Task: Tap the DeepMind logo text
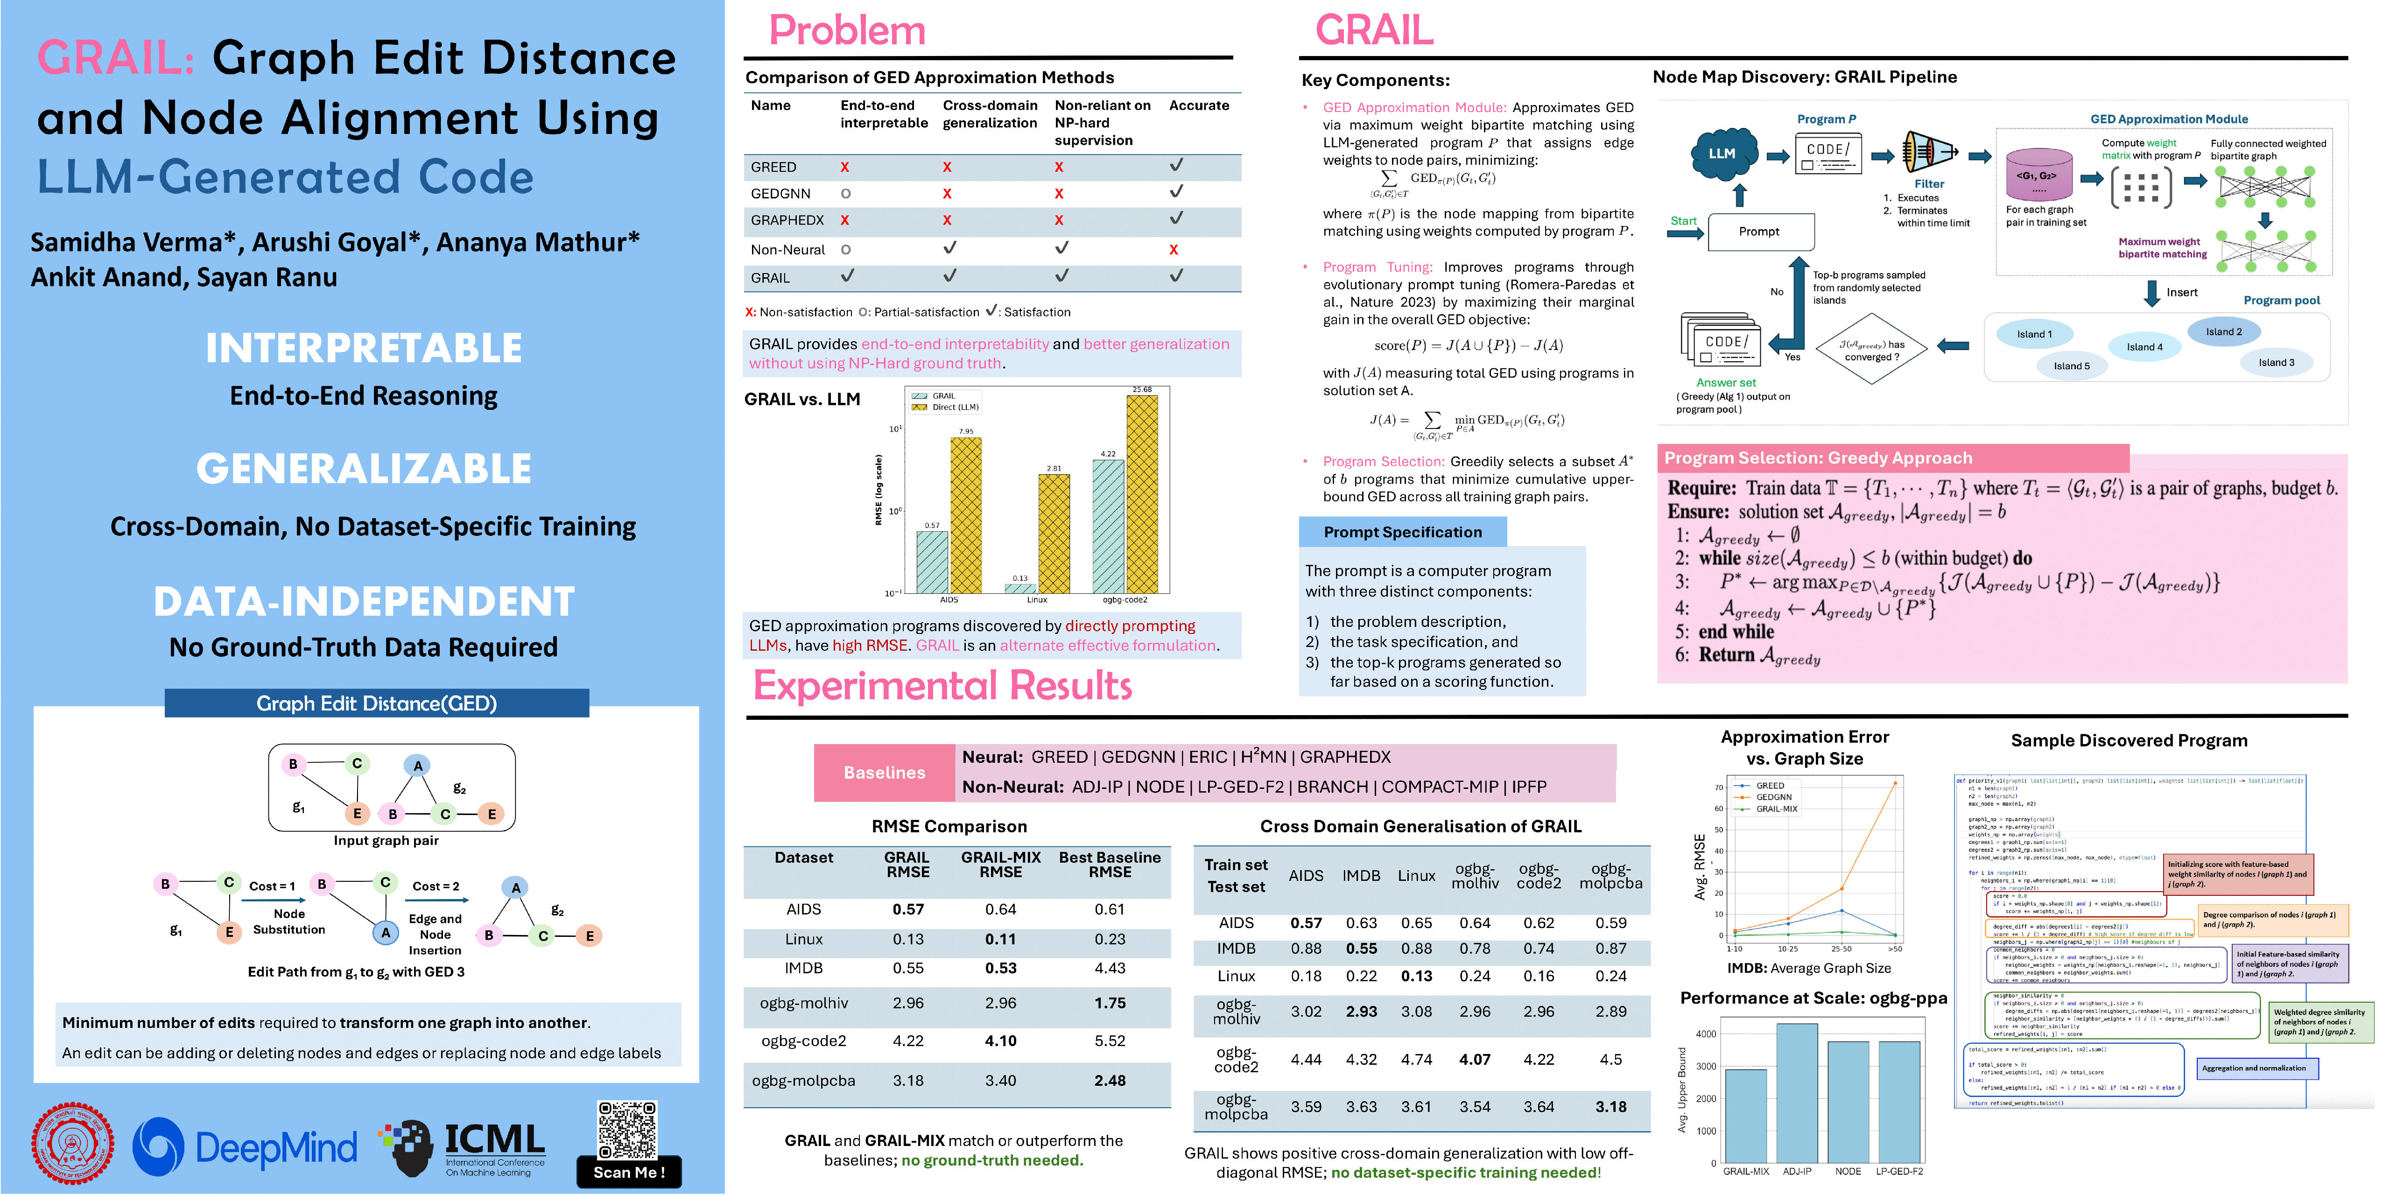click(275, 1148)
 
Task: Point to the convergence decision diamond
click(1871, 350)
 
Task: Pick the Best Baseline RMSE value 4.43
click(1110, 968)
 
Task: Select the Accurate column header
click(1199, 106)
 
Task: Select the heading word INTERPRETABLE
click(364, 348)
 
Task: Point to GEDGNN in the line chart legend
click(1773, 797)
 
